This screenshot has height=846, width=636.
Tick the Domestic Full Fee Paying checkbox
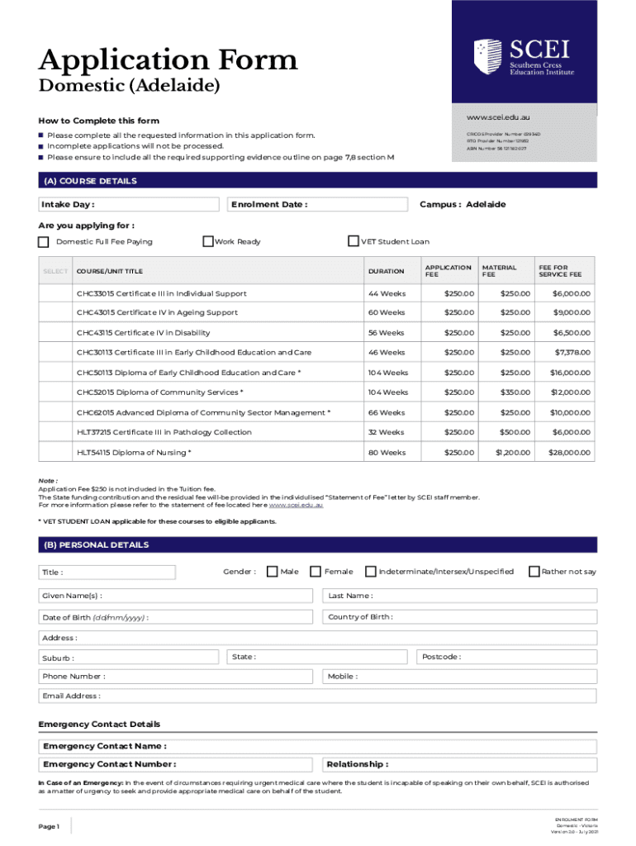(x=44, y=242)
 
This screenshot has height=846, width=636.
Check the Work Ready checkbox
(x=208, y=241)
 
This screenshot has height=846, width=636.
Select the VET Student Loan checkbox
(x=354, y=241)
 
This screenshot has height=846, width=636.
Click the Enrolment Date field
(x=317, y=205)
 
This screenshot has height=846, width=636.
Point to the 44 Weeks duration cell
(x=386, y=293)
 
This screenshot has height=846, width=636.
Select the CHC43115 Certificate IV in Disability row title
(x=143, y=333)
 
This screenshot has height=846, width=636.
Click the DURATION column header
(x=386, y=271)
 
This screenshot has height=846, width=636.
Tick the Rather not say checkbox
(x=534, y=572)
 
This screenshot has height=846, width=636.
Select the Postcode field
(x=504, y=657)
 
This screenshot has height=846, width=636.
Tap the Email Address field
(x=317, y=696)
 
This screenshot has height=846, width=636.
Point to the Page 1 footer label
(x=49, y=826)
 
